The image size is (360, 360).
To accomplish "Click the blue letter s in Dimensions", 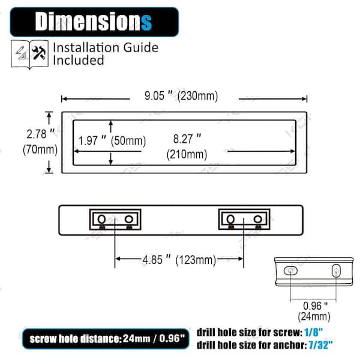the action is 146,23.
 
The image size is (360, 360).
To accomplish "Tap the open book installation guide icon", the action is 29,54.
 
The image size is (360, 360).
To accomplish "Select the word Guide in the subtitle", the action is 141,47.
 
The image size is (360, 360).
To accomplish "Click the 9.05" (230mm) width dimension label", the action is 181,95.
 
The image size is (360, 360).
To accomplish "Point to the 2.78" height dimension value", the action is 40,134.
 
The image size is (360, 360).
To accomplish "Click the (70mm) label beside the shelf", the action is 40,149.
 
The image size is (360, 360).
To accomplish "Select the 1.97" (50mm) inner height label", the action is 112,140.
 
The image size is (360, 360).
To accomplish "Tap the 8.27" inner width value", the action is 187,139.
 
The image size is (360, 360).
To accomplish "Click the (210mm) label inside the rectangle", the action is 187,154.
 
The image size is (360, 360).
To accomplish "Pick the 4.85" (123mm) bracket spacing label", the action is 179,260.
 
